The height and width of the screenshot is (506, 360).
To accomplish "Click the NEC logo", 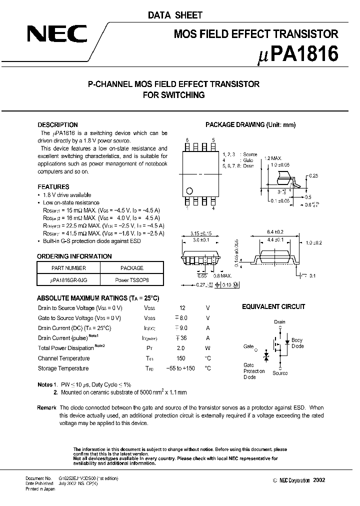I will tap(57, 34).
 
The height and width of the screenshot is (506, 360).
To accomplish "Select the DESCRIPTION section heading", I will tap(58, 125).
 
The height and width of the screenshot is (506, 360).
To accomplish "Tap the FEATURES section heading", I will tap(53, 187).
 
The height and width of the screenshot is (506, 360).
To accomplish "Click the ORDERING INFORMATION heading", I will tap(74, 256).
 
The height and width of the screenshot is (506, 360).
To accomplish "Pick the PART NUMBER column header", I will tap(69, 268).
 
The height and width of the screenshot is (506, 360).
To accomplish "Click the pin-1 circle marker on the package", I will tap(189, 190).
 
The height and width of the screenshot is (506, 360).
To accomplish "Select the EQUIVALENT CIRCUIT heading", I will tap(273, 307).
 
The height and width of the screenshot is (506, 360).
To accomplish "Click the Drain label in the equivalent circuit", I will tap(279, 322).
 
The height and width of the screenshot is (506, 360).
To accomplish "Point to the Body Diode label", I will tap(297, 343).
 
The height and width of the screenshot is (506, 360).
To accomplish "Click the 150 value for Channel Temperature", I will tap(180, 358).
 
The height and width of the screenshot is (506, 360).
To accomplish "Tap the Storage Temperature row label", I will tap(63, 368).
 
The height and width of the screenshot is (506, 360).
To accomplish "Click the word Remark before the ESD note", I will tap(46, 408).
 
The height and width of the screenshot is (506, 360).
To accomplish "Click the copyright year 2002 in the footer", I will tap(318, 480).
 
